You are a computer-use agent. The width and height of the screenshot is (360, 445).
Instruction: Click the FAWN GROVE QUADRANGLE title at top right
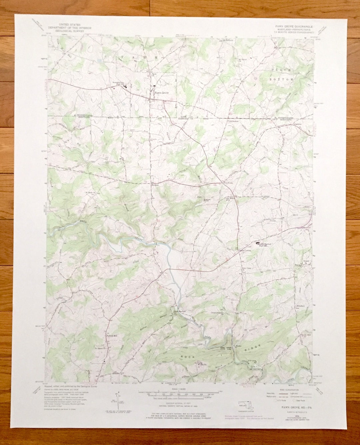point(293,25)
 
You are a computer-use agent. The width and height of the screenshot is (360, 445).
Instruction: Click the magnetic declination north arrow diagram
point(118,399)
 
